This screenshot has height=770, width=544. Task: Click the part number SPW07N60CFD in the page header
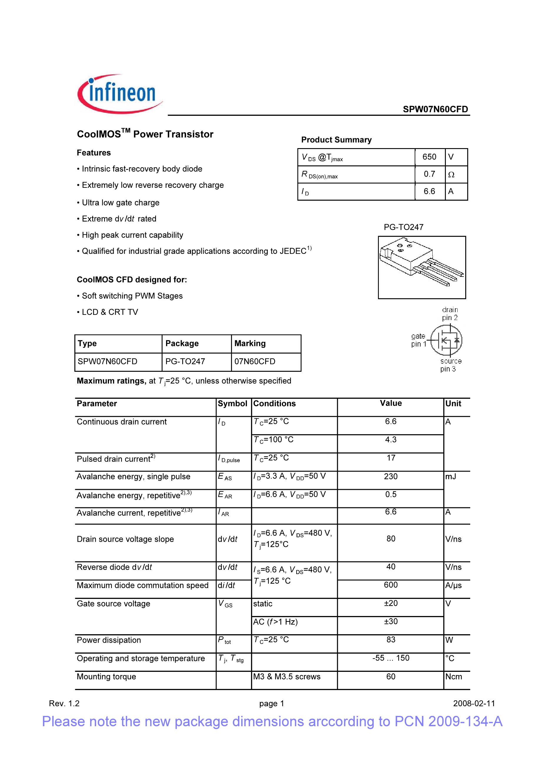(x=435, y=109)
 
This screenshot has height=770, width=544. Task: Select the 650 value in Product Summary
(x=429, y=157)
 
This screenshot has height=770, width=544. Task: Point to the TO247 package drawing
(x=421, y=267)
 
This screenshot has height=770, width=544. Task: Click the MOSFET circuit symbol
(x=446, y=340)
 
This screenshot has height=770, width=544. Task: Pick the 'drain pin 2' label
(x=449, y=314)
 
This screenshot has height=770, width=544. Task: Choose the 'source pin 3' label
(x=451, y=365)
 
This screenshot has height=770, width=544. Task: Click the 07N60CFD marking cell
(x=255, y=361)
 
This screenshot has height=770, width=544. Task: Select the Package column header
(x=182, y=344)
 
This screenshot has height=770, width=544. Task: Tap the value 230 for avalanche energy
(x=391, y=477)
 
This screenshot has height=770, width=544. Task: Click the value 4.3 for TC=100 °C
(x=391, y=440)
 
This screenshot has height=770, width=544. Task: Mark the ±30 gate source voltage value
(x=391, y=621)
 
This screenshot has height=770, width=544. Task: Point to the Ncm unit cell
(x=453, y=677)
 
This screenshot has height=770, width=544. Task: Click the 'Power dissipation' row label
(x=109, y=640)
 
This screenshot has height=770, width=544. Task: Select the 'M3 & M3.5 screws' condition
(x=287, y=677)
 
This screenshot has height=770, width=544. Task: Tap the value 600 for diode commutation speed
(x=391, y=585)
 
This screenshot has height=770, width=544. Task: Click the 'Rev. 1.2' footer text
(x=64, y=704)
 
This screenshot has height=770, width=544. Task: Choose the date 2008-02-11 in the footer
(x=474, y=704)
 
